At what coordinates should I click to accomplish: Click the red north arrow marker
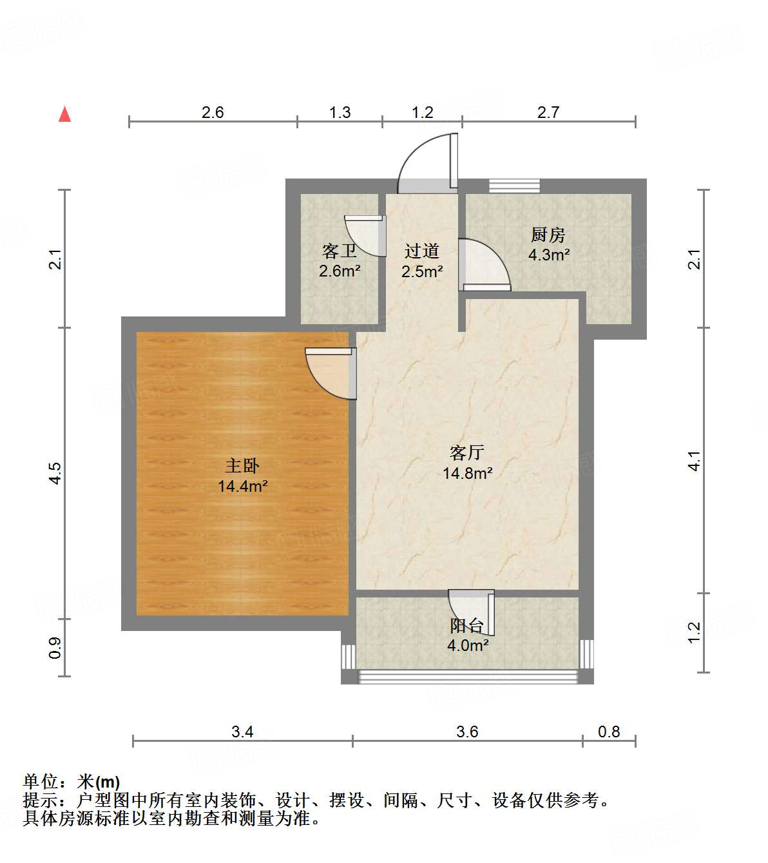[64, 114]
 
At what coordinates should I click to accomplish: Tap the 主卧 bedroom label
[242, 465]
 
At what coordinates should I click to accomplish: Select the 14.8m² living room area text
[467, 474]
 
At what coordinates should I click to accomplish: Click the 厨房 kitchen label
[548, 235]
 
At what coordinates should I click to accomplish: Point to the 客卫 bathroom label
[339, 251]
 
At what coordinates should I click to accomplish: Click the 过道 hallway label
[422, 251]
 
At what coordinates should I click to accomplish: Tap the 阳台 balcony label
[467, 626]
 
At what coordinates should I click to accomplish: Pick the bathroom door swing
[365, 235]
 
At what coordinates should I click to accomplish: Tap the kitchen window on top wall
[514, 186]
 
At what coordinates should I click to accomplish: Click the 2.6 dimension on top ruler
[213, 113]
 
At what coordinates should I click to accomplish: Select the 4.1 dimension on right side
[694, 461]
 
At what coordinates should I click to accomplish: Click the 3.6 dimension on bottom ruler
[467, 732]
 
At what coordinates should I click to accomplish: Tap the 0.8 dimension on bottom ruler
[609, 732]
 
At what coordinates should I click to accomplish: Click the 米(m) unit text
[99, 782]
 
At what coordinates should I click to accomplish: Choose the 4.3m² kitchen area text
[549, 255]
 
